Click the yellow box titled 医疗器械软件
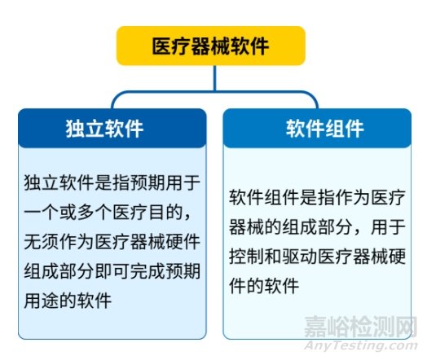tap(211, 46)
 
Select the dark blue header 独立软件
tap(112, 128)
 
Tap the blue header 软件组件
tap(317, 128)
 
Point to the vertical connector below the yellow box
tap(215, 78)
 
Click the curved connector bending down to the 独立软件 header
tap(136, 93)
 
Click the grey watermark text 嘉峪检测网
tap(360, 327)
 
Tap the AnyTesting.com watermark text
tap(360, 345)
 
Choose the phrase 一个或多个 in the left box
tap(68, 213)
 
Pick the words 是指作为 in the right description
tap(335, 198)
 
